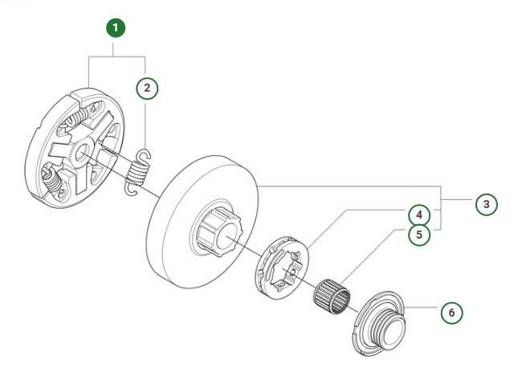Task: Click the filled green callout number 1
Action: pos(116,29)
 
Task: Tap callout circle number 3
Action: pos(485,205)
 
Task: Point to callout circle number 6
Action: pos(451,312)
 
